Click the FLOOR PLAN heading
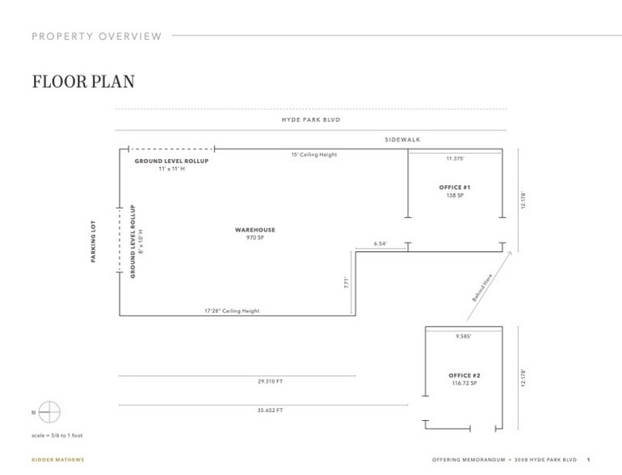[83, 82]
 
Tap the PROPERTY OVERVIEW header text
[96, 36]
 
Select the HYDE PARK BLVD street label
[310, 120]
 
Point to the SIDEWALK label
[402, 140]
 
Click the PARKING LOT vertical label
[94, 242]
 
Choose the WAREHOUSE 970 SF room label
[255, 233]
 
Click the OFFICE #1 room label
[455, 191]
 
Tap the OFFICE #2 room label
[464, 379]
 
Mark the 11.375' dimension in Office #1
[456, 158]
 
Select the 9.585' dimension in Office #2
[464, 335]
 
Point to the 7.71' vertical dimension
[346, 283]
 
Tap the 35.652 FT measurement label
[269, 410]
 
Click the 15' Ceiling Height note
[314, 154]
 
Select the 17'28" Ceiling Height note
[232, 310]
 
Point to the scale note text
[57, 435]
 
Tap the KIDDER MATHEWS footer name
[57, 460]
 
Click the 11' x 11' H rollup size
[170, 169]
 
